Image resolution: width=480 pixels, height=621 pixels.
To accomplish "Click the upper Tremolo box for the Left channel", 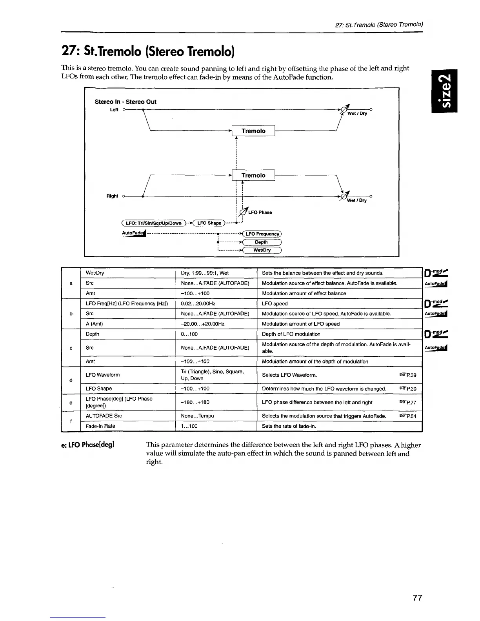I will [x=253, y=131].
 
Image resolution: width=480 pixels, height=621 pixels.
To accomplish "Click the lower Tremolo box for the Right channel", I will [x=253, y=175].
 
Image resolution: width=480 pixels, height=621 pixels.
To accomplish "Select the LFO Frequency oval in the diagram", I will [x=262, y=234].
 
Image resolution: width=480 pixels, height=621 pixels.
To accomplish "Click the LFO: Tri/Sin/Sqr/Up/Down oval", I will [x=153, y=223].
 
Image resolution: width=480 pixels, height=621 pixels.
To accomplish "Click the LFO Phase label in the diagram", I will [x=260, y=212].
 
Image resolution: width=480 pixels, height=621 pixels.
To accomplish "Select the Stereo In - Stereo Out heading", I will [x=125, y=102].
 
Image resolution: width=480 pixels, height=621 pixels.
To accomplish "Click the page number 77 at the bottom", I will [x=417, y=598].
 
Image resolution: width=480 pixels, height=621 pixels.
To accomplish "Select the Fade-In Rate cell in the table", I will [x=100, y=426].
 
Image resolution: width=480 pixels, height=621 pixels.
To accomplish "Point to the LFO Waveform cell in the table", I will [x=103, y=375].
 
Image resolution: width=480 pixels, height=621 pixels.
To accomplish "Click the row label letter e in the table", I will [x=71, y=403].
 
